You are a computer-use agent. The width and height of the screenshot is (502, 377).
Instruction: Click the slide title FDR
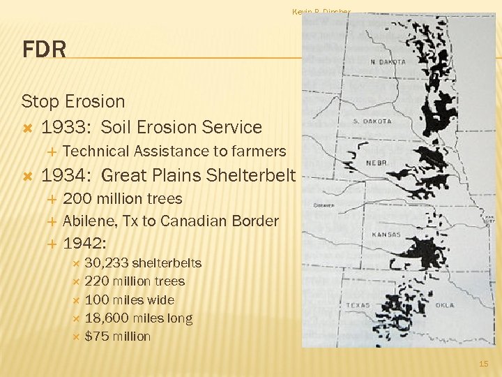pos(45,50)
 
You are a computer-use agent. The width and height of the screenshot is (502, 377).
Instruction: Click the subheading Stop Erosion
pos(73,101)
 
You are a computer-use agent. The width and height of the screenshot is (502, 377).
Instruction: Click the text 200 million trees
pos(123,199)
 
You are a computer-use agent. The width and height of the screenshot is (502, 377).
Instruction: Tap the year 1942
pos(84,244)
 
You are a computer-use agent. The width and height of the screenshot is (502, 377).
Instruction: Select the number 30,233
pos(105,263)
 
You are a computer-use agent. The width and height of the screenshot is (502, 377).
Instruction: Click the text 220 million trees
pos(135,281)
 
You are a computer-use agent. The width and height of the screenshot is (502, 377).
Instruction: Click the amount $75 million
pos(117,337)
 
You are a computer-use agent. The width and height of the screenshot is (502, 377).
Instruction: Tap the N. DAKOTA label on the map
pos(388,61)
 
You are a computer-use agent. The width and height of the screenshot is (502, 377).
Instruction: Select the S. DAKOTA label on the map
pos(372,121)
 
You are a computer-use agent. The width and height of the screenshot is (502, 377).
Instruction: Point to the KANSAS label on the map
pos(386,235)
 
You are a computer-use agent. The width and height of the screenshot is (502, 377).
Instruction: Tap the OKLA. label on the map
pos(443,305)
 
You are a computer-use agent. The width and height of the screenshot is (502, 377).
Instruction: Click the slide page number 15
pos(484,364)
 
